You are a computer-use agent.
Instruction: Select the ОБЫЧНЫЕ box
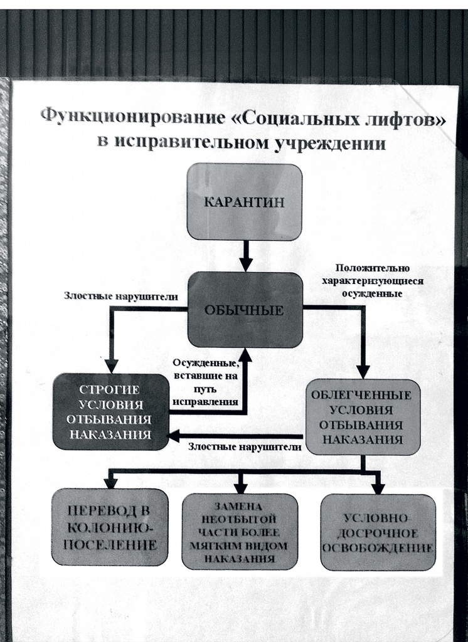click(245, 310)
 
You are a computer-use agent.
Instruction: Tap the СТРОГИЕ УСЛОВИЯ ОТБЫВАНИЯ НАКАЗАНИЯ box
click(111, 411)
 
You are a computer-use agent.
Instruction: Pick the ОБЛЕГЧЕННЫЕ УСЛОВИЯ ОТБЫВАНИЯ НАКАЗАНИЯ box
click(362, 417)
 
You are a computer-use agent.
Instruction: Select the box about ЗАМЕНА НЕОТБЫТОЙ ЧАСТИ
click(239, 531)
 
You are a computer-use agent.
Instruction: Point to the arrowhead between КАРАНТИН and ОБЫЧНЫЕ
click(245, 263)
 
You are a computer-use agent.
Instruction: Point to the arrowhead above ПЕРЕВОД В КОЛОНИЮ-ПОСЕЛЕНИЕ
click(110, 483)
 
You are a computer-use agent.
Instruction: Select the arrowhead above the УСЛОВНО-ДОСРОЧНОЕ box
click(378, 487)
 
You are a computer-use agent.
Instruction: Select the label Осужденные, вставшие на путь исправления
click(206, 382)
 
